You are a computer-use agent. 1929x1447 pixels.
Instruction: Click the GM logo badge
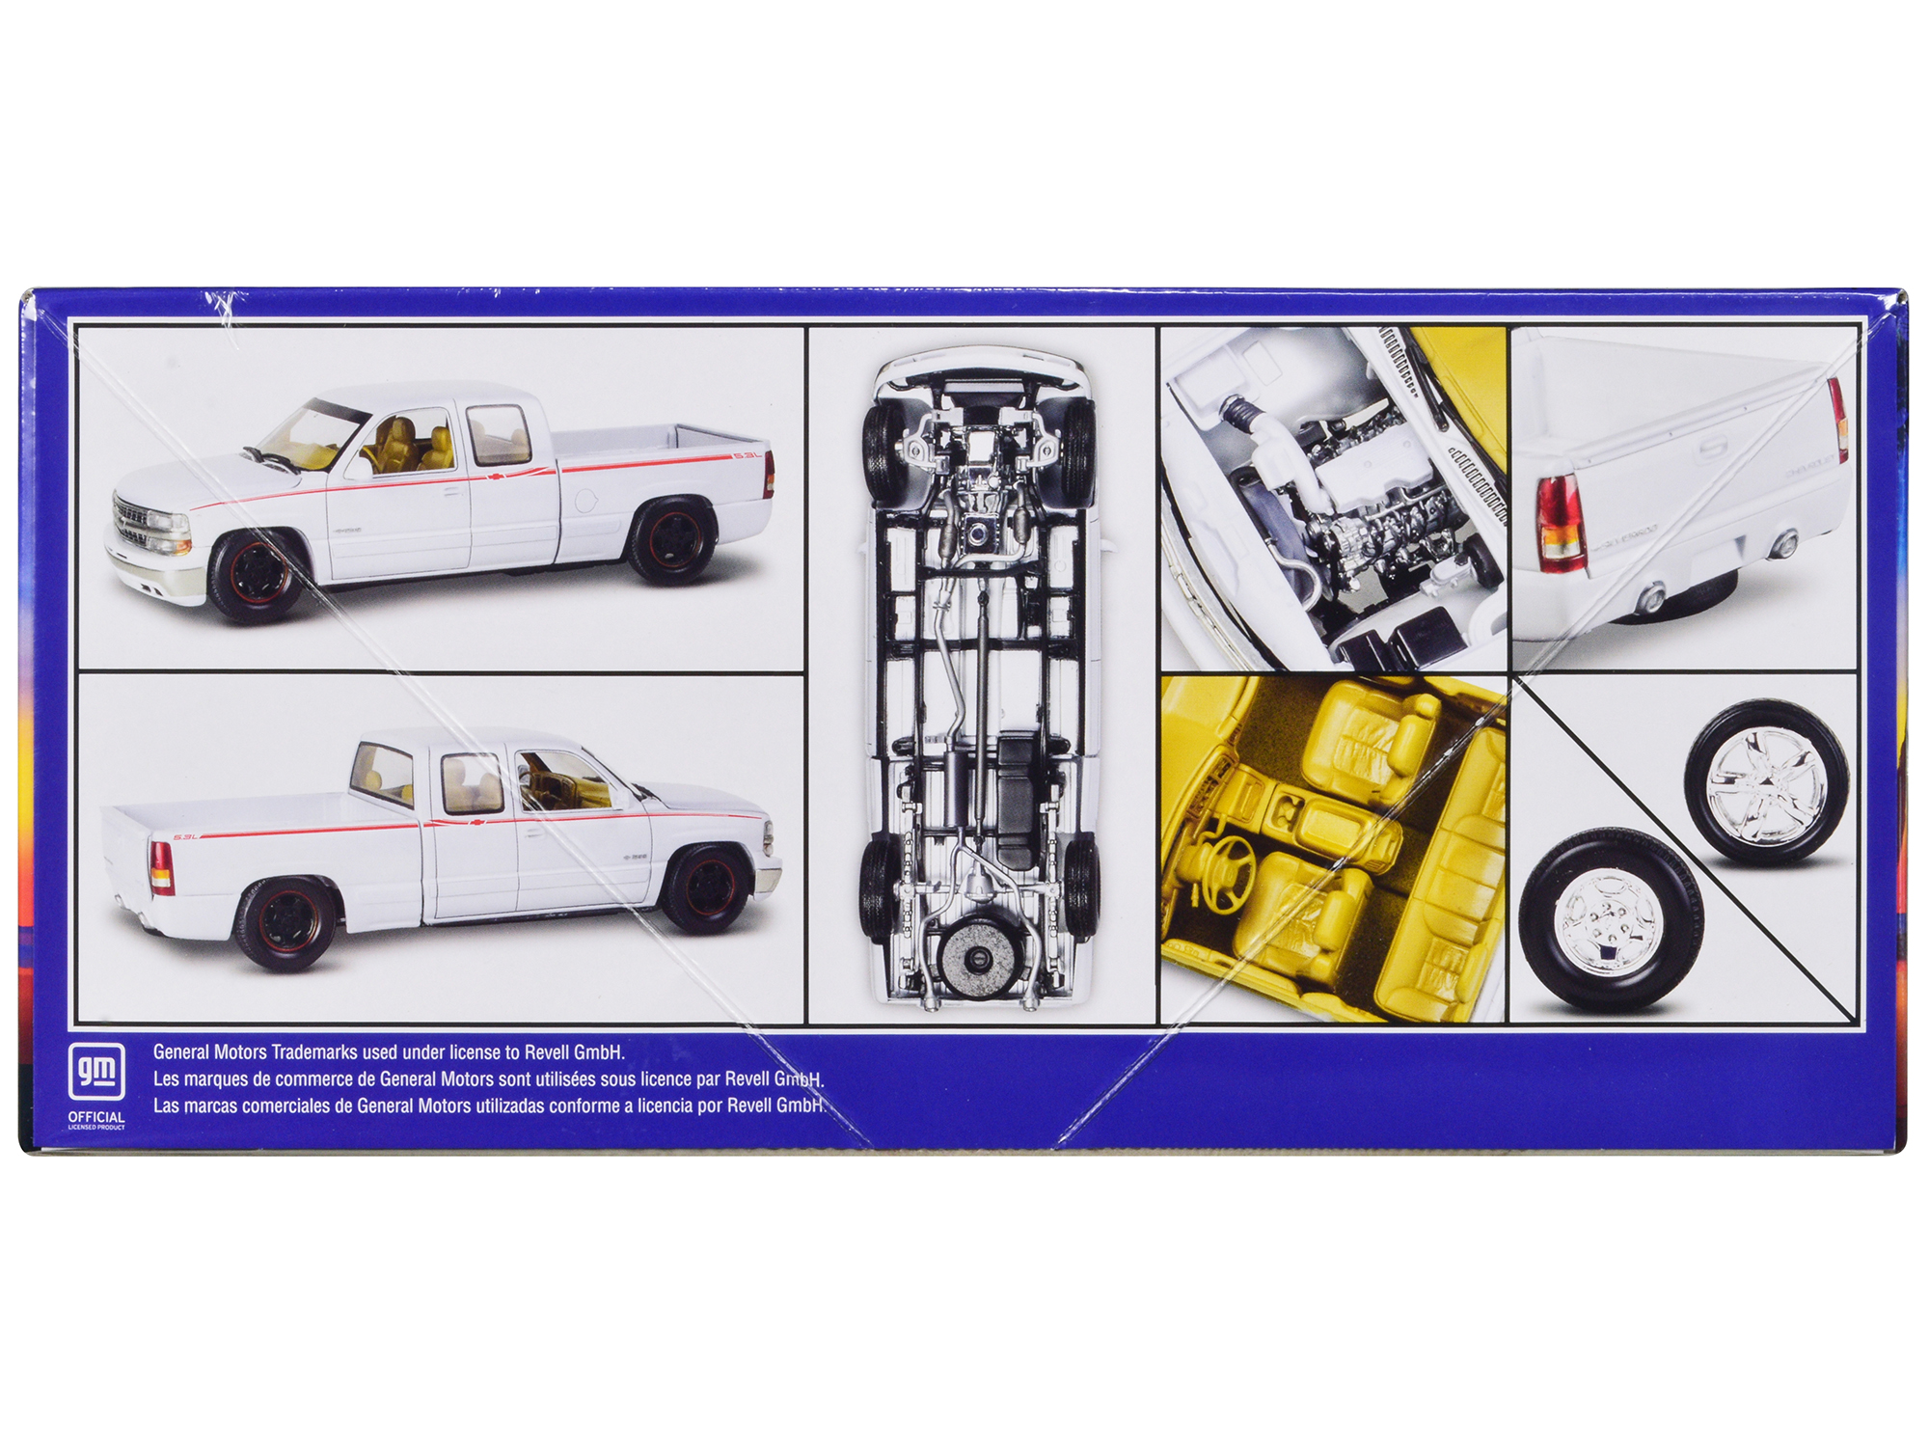coord(96,1071)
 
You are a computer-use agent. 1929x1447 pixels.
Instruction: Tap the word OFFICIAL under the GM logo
coord(96,1116)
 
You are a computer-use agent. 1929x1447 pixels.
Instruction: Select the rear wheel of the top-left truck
coord(673,540)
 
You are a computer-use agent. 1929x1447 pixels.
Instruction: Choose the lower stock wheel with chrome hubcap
coord(1609,921)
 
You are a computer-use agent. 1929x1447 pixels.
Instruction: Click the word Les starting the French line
coord(165,1079)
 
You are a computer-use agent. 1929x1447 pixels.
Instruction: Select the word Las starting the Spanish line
coord(166,1106)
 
